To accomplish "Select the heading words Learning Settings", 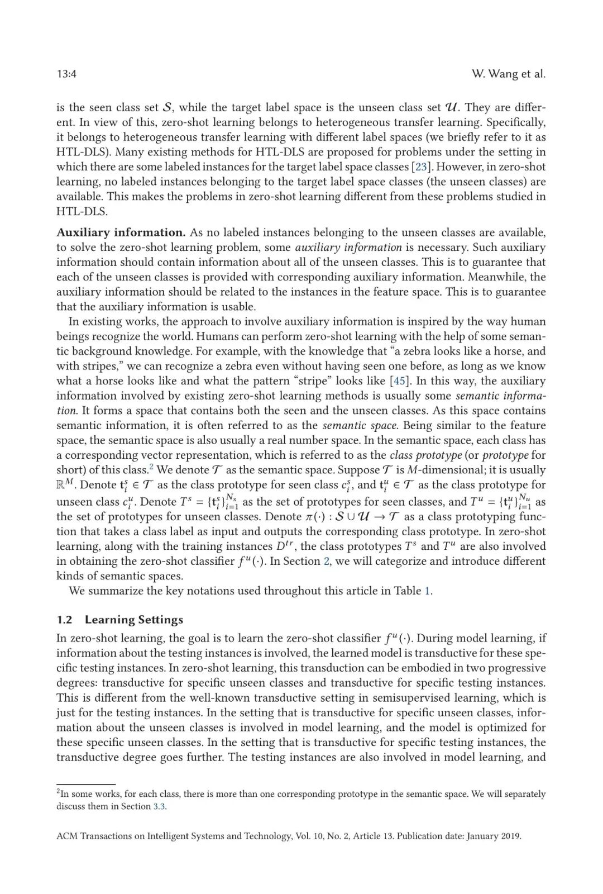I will coord(134,620).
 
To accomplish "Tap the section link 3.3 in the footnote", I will coord(160,806).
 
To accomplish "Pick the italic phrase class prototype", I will coord(425,455).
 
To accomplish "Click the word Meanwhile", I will coord(496,277).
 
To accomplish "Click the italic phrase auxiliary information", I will coord(348,248).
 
